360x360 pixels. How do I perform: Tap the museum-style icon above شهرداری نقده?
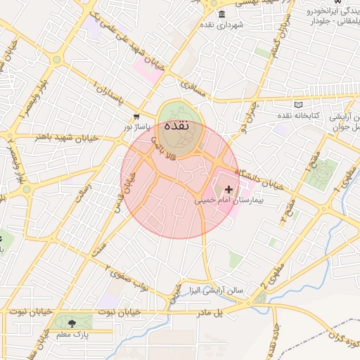(x=222, y=15)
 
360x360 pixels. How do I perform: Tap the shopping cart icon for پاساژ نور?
(x=136, y=117)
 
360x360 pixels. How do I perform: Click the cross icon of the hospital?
(x=229, y=189)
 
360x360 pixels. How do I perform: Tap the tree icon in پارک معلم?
(x=72, y=323)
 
